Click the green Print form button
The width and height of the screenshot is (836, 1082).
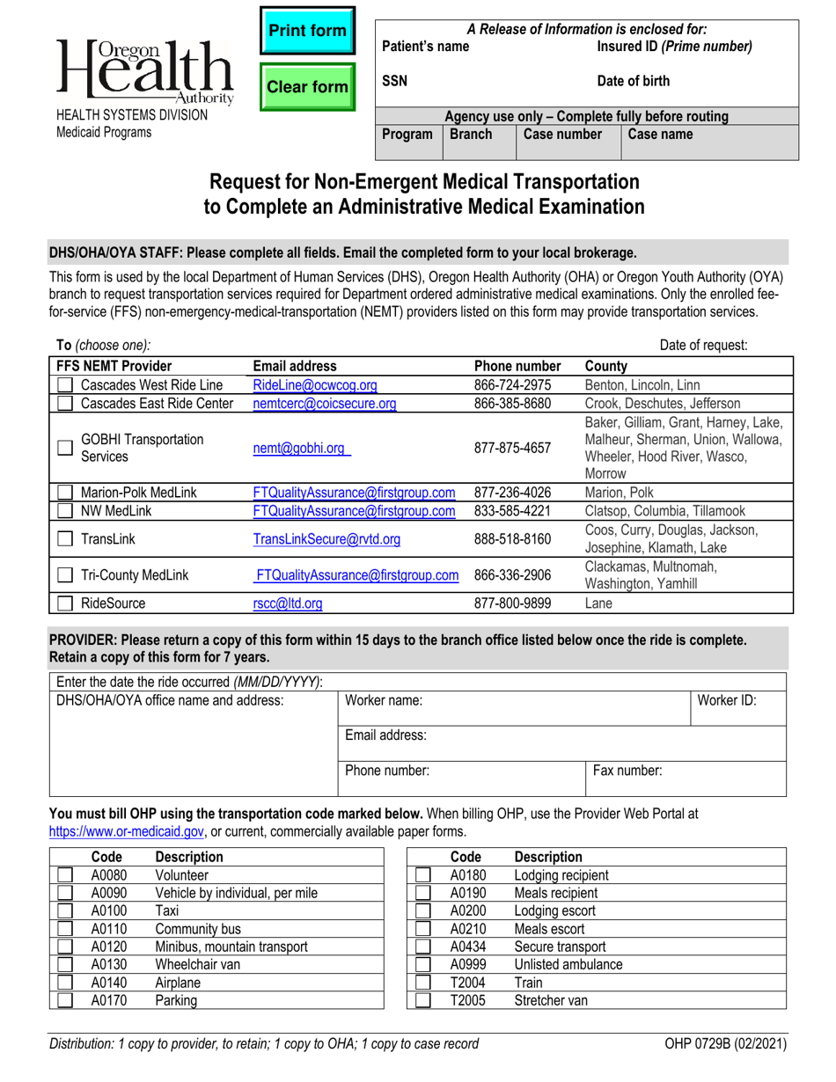click(307, 32)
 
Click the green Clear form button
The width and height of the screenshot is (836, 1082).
click(307, 87)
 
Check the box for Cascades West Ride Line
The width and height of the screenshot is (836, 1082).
click(65, 384)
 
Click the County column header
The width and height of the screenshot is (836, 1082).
click(605, 366)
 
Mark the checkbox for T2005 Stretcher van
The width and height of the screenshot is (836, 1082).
click(423, 1000)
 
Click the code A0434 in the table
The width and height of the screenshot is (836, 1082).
click(467, 947)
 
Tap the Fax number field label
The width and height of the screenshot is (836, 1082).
click(627, 771)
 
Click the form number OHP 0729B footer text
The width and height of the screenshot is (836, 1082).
click(726, 1045)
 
